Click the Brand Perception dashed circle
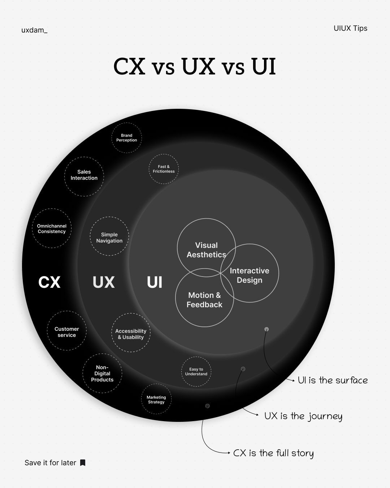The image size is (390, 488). [x=126, y=138]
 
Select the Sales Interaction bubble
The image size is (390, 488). [x=84, y=176]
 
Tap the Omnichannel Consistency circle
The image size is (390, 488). [x=52, y=228]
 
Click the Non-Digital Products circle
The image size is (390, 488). [x=102, y=373]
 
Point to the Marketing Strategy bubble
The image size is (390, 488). [x=156, y=399]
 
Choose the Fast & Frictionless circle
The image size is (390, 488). [x=164, y=169]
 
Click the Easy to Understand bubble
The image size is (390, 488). [x=196, y=372]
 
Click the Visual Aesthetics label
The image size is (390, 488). [x=206, y=250]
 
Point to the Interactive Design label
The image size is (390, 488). [x=250, y=275]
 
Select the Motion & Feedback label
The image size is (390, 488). [x=204, y=300]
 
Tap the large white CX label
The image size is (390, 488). [x=49, y=282]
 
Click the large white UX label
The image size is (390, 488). [x=104, y=282]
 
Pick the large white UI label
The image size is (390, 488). [x=155, y=282]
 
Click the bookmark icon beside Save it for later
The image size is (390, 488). [x=83, y=463]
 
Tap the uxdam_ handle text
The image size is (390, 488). [x=34, y=30]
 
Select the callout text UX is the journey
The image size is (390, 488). [x=303, y=416]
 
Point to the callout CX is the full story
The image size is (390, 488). [x=273, y=453]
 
